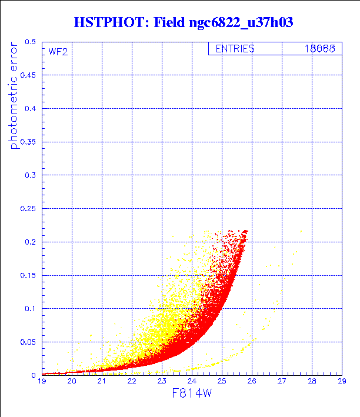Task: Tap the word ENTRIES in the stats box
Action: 235,49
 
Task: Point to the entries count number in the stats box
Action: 319,49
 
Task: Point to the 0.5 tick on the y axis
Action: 31,42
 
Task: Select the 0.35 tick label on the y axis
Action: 28,142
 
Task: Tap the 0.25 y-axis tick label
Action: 28,209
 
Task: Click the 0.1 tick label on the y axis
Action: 31,308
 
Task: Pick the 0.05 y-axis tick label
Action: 28,342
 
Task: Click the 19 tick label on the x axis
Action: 42,382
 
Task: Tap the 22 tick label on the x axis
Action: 132,382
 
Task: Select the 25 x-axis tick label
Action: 221,382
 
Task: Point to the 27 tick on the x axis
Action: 281,382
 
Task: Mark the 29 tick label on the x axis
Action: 341,382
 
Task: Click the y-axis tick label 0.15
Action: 28,275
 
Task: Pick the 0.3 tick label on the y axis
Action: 31,175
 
